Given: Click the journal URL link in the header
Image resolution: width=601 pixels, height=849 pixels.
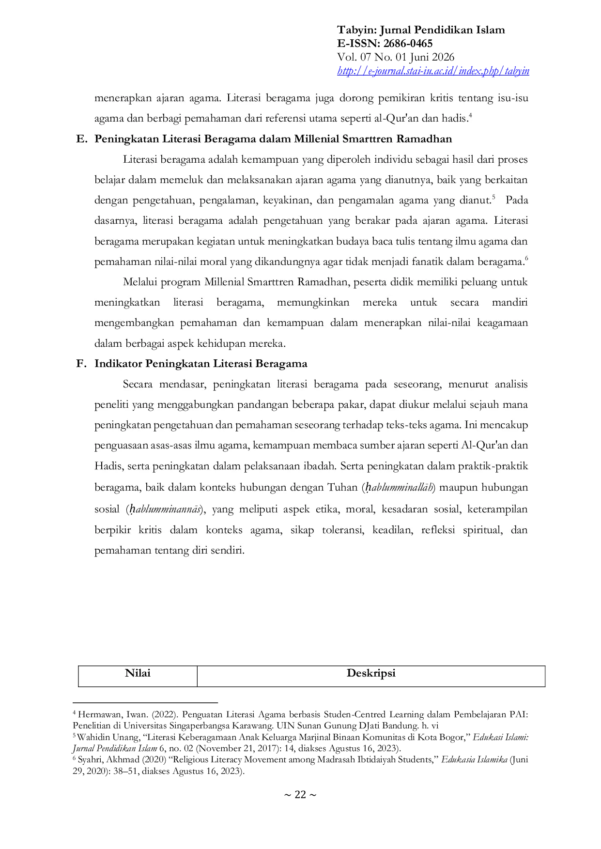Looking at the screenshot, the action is click(x=433, y=71).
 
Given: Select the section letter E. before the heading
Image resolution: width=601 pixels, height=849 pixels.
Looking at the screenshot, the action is click(x=82, y=139).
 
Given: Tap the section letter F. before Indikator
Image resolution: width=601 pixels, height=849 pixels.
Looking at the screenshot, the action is click(x=81, y=364).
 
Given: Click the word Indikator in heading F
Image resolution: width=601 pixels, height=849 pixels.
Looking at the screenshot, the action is click(x=118, y=364).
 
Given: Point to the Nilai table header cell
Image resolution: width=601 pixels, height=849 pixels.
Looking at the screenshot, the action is click(x=138, y=676).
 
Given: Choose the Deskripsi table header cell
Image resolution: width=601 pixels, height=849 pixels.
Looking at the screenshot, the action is click(x=371, y=676).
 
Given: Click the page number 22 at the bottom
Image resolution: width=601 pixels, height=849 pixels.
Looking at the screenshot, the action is click(x=300, y=795).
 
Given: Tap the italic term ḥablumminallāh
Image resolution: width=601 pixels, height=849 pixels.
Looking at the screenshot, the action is click(x=399, y=488).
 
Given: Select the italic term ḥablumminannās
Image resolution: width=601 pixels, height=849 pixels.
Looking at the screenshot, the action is click(x=163, y=509).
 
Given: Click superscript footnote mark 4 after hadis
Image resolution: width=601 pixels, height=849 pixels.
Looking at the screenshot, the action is click(x=470, y=115).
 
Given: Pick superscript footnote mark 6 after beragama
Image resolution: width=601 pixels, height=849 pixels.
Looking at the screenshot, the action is click(x=526, y=259).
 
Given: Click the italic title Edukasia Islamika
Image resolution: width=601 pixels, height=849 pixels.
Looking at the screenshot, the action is click(x=474, y=759).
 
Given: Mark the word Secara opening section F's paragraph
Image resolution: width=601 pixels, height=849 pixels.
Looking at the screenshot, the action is click(x=138, y=385).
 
